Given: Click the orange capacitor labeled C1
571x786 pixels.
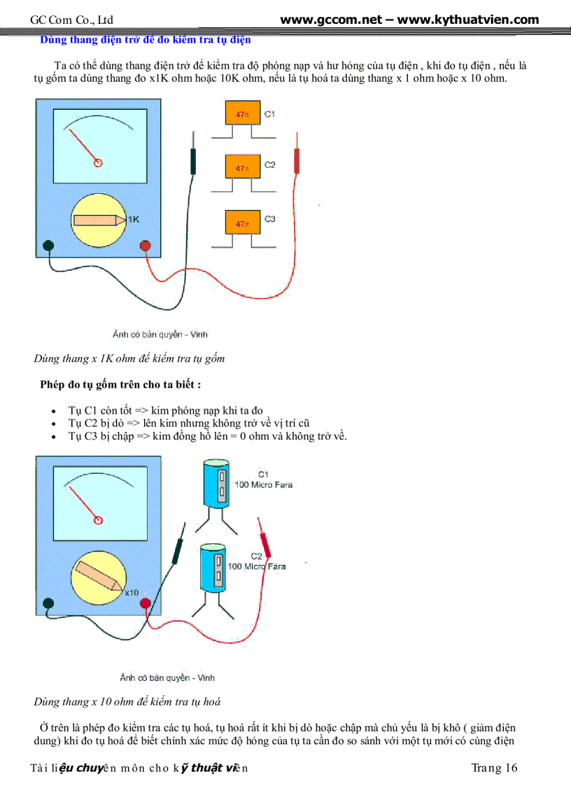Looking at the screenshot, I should tap(241, 114).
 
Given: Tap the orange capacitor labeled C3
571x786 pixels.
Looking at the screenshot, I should tap(241, 223).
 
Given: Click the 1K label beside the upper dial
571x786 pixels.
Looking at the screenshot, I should tap(134, 219).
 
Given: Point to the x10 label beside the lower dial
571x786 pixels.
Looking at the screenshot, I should tap(132, 592).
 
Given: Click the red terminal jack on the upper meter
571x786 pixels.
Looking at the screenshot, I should tap(146, 246).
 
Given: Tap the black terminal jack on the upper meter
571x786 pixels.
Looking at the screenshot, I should tap(48, 246).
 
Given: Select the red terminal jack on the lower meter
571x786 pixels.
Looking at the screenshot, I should tap(146, 603).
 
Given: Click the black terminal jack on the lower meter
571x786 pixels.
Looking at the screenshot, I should tap(48, 603).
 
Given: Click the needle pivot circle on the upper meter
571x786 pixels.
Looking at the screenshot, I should tap(98, 162).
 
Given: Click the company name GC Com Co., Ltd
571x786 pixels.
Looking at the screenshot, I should tap(72, 20).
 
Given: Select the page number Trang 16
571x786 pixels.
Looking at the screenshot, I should tap(494, 768).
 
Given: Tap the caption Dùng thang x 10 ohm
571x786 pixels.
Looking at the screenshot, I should tap(127, 701).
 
